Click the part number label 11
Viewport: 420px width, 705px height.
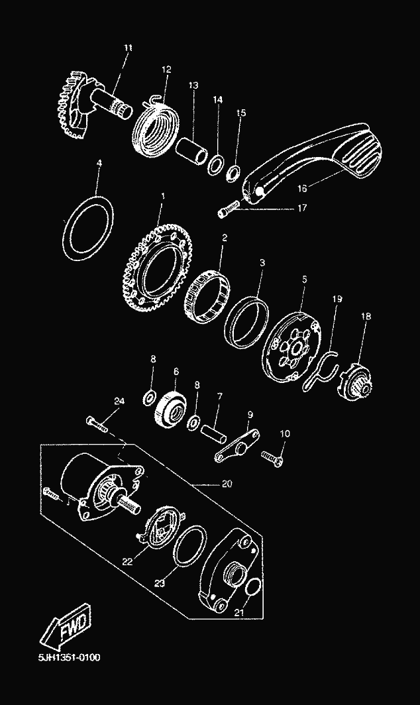[x=128, y=48]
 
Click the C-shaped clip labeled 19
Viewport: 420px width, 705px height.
[x=322, y=372]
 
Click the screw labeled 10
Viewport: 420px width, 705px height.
[x=272, y=457]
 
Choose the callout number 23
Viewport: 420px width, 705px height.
[x=158, y=584]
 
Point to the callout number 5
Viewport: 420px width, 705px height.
[x=303, y=280]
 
